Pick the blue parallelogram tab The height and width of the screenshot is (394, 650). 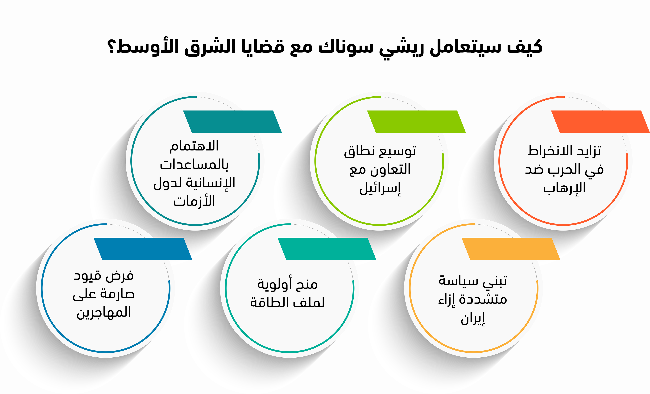click(x=143, y=249)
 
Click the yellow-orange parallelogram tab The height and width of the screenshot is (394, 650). click(x=511, y=249)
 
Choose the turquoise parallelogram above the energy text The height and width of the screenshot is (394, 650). click(x=327, y=249)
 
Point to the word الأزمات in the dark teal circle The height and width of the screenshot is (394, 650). click(x=194, y=201)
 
